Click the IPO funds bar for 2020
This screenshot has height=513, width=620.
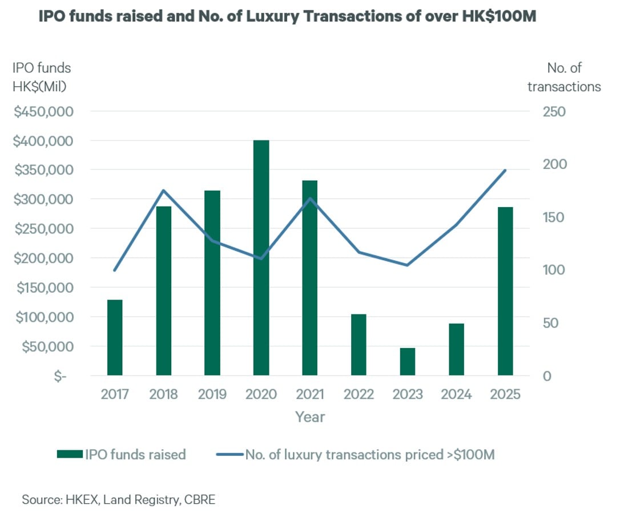[261, 258]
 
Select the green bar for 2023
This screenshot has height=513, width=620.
[408, 361]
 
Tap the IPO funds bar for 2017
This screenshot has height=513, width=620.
[115, 337]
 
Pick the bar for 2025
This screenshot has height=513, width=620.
[505, 291]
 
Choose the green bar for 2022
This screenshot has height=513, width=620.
[359, 345]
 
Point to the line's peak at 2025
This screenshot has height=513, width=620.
[505, 170]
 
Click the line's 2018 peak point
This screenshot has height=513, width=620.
[163, 191]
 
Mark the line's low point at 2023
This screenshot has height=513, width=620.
[408, 265]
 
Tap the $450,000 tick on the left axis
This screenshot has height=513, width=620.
[45, 111]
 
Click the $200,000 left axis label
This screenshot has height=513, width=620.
[45, 258]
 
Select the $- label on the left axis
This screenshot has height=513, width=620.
[57, 376]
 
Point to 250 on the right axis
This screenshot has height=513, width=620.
[554, 111]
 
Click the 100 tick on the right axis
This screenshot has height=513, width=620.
[554, 270]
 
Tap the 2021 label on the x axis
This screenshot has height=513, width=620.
[310, 394]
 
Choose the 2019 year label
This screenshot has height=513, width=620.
[212, 394]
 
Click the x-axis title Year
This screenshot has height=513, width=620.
[310, 417]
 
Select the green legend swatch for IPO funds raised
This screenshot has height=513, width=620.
[70, 455]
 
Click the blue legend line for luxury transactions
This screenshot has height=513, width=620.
[230, 455]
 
